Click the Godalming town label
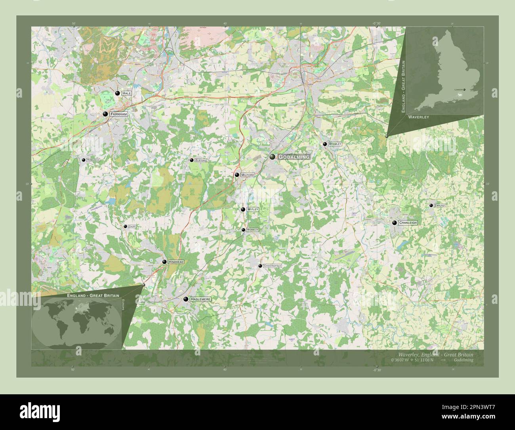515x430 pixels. click(294, 157)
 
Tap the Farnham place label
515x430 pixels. click(119, 114)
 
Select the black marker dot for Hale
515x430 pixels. click(117, 93)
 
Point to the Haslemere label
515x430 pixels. click(200, 299)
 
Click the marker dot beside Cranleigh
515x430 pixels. click(394, 223)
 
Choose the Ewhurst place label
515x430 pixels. click(440, 205)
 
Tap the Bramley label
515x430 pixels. click(335, 144)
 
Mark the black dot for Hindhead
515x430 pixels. click(164, 262)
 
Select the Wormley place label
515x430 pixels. click(252, 230)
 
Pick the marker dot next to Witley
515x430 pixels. click(243, 209)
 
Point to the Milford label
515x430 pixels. click(247, 175)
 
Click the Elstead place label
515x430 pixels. click(201, 160)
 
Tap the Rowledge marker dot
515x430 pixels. click(84, 160)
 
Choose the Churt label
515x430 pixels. click(133, 227)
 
